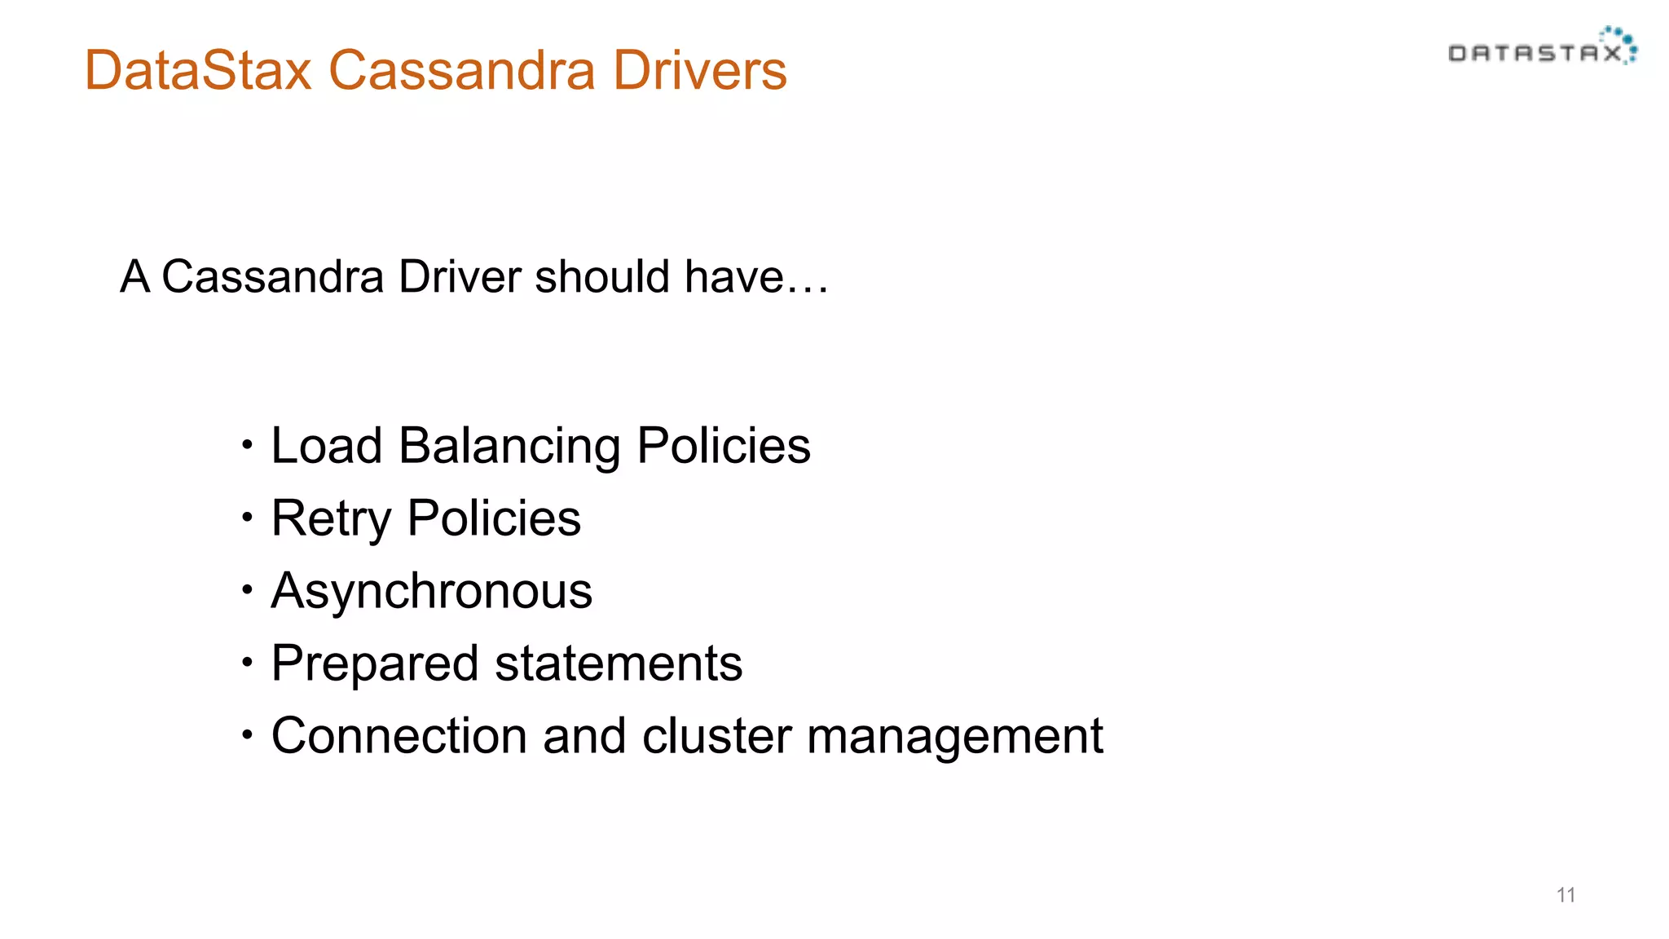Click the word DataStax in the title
(x=198, y=70)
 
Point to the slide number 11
(x=1566, y=895)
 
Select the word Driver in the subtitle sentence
(x=460, y=276)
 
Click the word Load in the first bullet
(x=326, y=446)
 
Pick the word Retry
(x=331, y=519)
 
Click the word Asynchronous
(x=431, y=591)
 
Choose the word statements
(x=619, y=663)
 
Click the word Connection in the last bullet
(x=399, y=735)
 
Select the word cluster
(x=716, y=735)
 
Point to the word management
(x=954, y=737)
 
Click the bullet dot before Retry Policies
(x=248, y=516)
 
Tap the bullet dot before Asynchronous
(x=248, y=589)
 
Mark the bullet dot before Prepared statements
(x=248, y=661)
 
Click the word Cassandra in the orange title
(x=461, y=70)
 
